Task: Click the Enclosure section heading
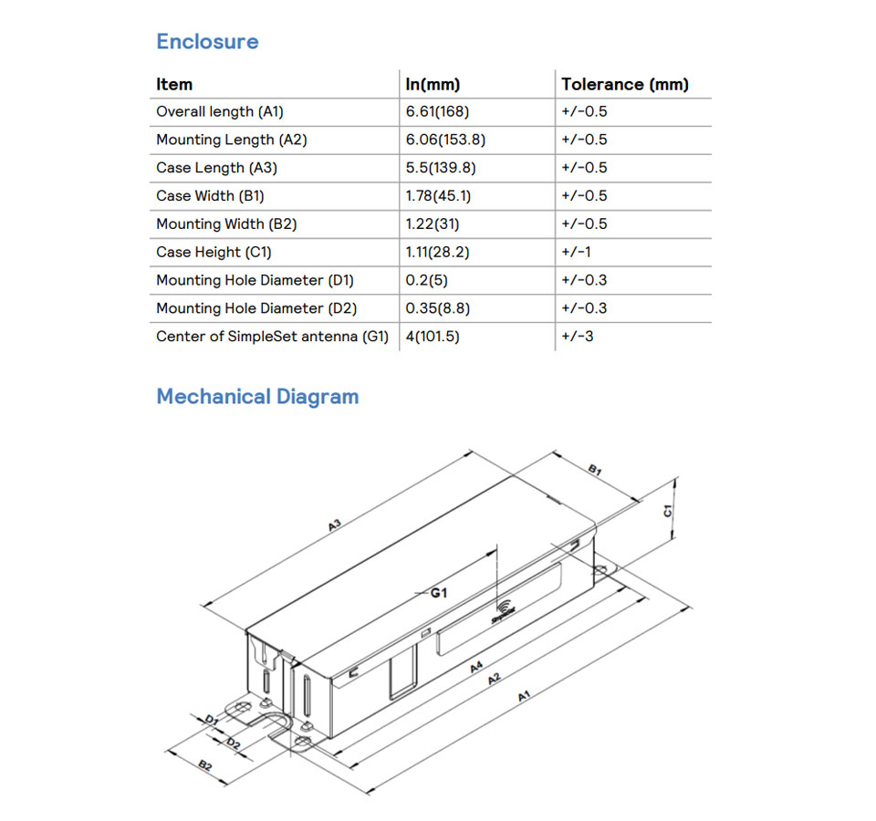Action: tap(207, 42)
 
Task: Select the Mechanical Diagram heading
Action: tap(257, 397)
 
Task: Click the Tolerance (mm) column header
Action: tap(625, 85)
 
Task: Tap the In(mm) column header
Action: tap(433, 85)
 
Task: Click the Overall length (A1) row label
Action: tap(220, 112)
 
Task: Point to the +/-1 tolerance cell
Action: tap(576, 252)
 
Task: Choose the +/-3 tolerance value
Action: tap(578, 337)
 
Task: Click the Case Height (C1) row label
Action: tap(214, 252)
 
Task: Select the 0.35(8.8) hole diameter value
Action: tap(438, 308)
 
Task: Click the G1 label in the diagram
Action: tap(439, 593)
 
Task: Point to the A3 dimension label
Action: tap(335, 525)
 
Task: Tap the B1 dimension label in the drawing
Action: tap(594, 471)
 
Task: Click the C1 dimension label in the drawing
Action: tap(668, 511)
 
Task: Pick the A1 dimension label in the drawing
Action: tap(525, 697)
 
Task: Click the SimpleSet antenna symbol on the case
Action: tap(503, 610)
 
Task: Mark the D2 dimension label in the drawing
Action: tap(234, 743)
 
